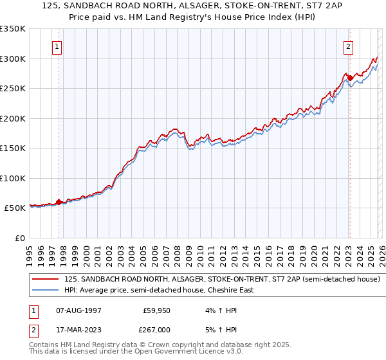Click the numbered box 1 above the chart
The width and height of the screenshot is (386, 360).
(x=57, y=46)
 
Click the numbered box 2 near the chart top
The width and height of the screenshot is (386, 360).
(x=348, y=46)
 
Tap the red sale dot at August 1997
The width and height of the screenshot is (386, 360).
(x=59, y=202)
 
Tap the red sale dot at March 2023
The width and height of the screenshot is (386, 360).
(x=350, y=78)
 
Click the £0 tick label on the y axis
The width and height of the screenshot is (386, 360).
(x=19, y=238)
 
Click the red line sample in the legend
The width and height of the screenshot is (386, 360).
(x=46, y=280)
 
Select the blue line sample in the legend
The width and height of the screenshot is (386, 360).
(x=46, y=290)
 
